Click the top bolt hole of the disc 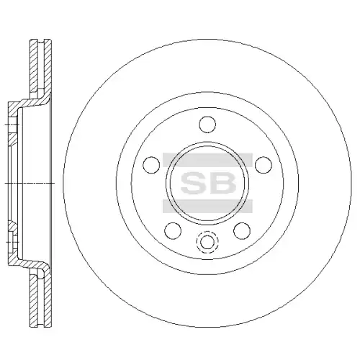coord(207,125)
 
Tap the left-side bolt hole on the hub coord(151,165)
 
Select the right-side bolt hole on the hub coord(264,165)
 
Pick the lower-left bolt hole coord(173,230)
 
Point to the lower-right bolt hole coord(242,230)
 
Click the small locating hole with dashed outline coord(207,242)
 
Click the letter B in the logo coord(222,183)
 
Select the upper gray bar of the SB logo coord(207,160)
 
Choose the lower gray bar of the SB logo coord(207,206)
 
